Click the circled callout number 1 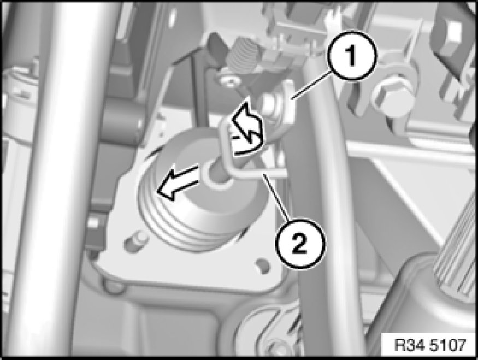(352, 56)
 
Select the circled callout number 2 (300, 244)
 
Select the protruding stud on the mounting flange (137, 241)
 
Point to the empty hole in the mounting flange (263, 265)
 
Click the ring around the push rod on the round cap (217, 174)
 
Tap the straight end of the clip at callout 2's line (272, 173)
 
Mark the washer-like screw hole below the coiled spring (229, 81)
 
